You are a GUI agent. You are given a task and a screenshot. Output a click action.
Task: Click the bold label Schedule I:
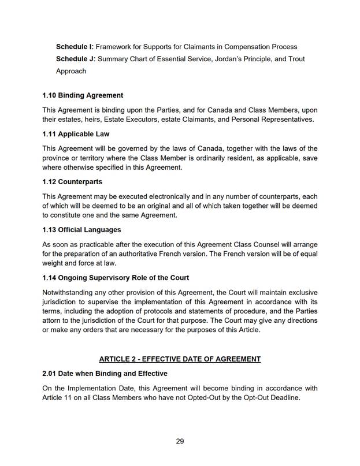pos(75,46)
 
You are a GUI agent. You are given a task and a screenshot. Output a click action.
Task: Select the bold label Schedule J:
pos(75,59)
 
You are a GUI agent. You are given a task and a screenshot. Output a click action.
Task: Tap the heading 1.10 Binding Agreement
pos(83,95)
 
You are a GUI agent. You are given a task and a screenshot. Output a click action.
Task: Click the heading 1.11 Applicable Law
pos(76,134)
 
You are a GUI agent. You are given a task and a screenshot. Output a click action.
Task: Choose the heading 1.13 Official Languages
pos(81,230)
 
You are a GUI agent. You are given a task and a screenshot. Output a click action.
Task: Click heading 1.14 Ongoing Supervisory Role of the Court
pos(116,278)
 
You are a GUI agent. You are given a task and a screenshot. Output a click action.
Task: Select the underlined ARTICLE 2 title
pos(180,359)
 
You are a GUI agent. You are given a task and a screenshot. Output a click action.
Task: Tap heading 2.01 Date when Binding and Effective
pos(105,373)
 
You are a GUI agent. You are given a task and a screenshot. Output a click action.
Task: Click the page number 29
pos(180,441)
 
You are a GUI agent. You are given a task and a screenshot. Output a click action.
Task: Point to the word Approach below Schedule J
pos(71,71)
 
